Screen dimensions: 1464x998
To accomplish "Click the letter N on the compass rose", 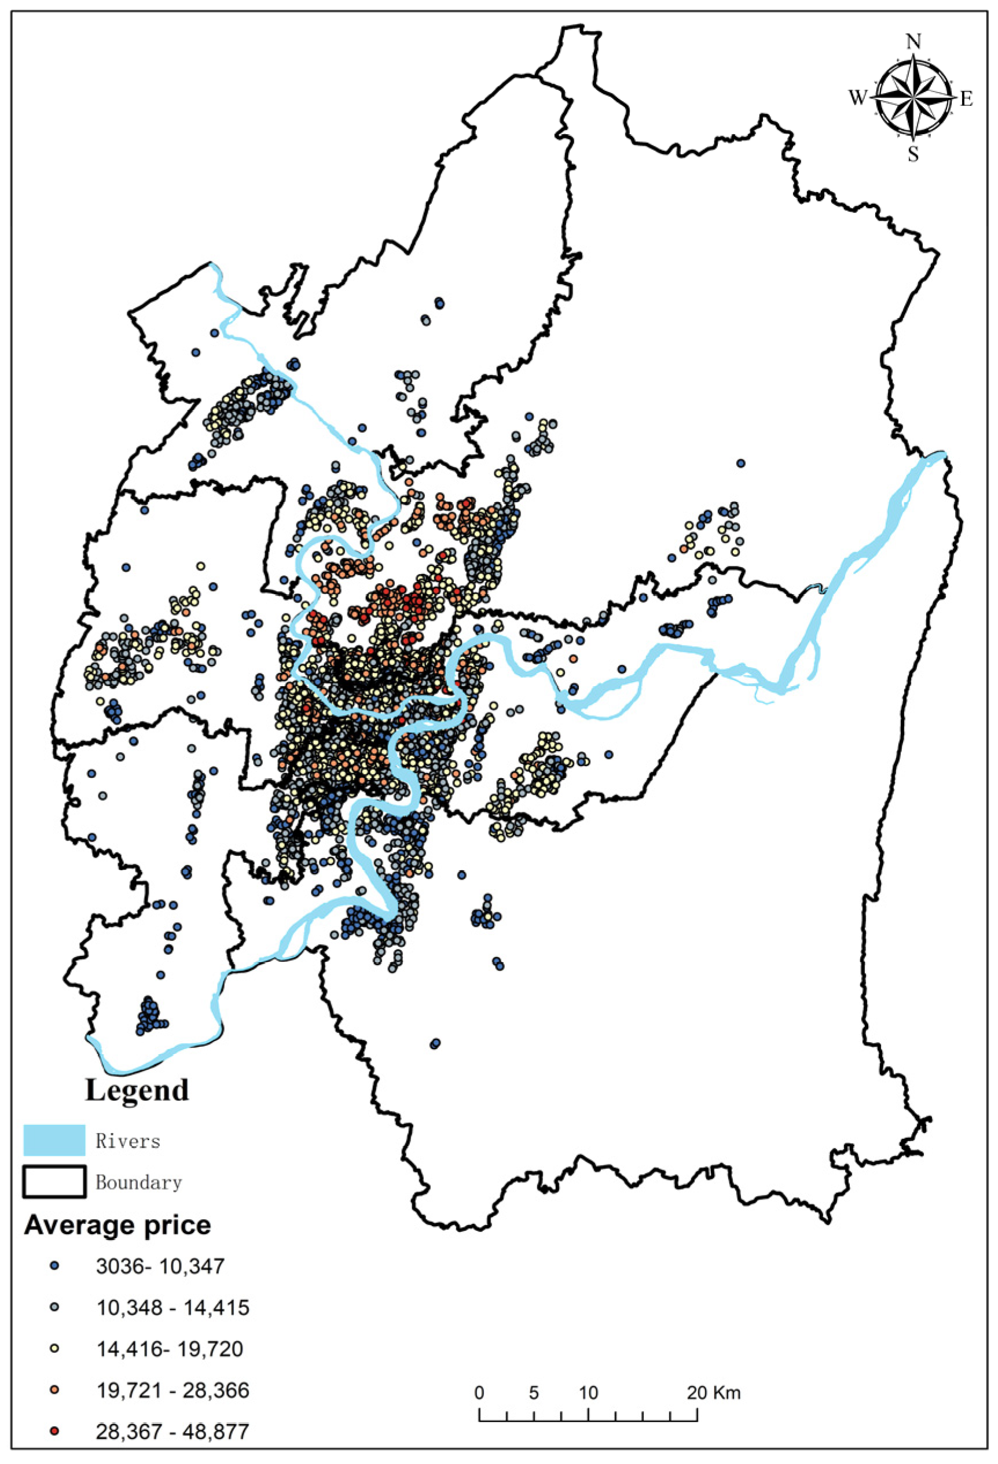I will click(913, 42).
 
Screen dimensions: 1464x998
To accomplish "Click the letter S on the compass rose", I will click(913, 154).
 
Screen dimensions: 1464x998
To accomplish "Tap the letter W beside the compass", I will click(857, 98).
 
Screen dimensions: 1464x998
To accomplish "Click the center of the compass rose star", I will click(913, 98).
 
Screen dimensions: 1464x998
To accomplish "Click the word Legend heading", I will click(137, 1090).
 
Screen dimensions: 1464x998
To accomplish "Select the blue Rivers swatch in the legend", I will click(54, 1139).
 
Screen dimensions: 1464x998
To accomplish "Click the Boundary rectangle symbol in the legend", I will click(54, 1181).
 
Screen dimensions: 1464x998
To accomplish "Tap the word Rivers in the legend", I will click(128, 1141).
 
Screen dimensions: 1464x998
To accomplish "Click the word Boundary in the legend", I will click(138, 1182).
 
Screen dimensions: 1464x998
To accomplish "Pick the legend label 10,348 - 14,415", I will click(173, 1308).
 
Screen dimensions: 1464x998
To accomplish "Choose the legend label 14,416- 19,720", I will click(170, 1349).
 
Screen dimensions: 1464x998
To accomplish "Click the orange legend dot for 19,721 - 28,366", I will click(55, 1390).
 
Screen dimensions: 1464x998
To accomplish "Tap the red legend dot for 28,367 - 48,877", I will click(55, 1431).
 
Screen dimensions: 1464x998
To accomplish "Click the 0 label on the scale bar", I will click(479, 1392).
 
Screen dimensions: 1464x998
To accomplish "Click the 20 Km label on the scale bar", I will click(713, 1392).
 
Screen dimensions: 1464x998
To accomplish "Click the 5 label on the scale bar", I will click(534, 1392).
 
